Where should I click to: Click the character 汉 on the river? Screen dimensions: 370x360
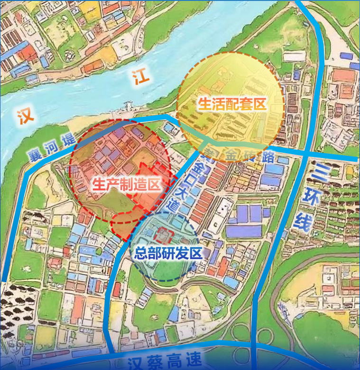tap(23, 116)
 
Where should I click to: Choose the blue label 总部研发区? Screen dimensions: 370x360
tap(168, 252)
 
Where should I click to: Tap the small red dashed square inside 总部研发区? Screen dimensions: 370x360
tap(164, 235)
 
